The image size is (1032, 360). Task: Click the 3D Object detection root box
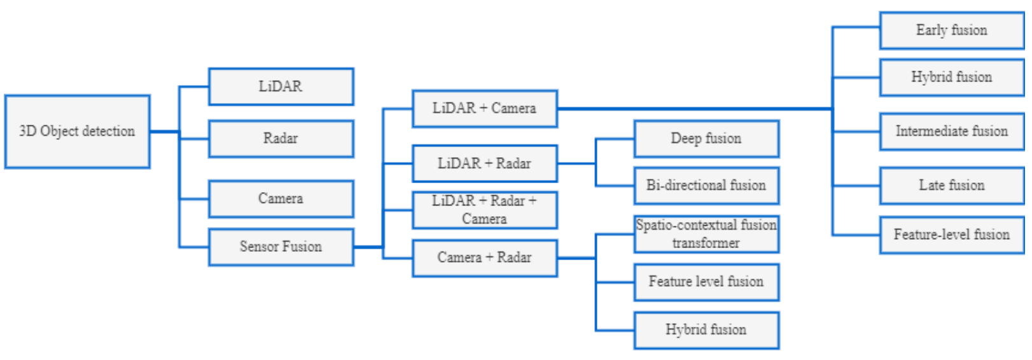click(x=77, y=132)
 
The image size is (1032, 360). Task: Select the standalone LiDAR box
click(x=281, y=87)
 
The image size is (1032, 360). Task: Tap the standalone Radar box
click(x=281, y=139)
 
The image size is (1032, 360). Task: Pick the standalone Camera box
click(x=281, y=198)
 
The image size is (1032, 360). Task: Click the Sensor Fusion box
click(x=281, y=247)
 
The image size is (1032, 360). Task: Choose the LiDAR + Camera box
click(x=484, y=109)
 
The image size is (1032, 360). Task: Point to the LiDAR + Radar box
click(x=484, y=163)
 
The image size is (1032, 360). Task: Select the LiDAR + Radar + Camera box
click(x=484, y=210)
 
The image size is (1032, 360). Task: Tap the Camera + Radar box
click(x=484, y=258)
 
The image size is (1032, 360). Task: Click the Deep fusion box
click(x=706, y=139)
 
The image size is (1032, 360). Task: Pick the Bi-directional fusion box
click(x=706, y=186)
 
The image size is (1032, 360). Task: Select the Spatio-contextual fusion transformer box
click(x=706, y=234)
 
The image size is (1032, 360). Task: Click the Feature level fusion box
click(x=706, y=282)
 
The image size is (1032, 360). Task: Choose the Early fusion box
click(x=952, y=30)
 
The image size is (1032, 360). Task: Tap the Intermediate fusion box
click(x=952, y=132)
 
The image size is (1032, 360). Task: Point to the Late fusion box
click(x=952, y=186)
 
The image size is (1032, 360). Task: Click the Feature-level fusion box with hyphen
click(x=952, y=235)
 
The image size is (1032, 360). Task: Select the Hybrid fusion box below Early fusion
click(x=952, y=78)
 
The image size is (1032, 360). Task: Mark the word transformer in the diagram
click(x=706, y=243)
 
